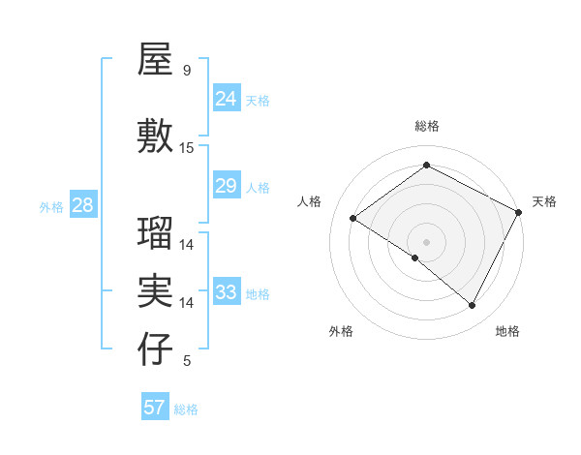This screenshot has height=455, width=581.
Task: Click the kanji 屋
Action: pos(156,61)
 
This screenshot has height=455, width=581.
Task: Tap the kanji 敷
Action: pos(156,137)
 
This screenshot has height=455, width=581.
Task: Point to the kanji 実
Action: pos(156,290)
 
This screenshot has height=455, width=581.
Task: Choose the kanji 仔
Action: pos(156,350)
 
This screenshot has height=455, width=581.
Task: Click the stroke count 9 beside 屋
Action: pos(187,71)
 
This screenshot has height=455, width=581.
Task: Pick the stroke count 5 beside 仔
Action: pos(187,361)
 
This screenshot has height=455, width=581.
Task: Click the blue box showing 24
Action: pos(227,98)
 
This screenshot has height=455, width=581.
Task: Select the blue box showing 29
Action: pos(227,186)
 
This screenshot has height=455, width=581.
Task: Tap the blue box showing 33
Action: pos(227,292)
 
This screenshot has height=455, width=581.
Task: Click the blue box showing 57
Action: pos(155,408)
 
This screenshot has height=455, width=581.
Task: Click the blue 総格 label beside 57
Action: pos(186,409)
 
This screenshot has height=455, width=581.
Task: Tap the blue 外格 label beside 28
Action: pos(51,206)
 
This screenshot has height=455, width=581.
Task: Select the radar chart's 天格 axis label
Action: pos(544,201)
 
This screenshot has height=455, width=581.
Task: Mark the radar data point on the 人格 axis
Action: pos(353,219)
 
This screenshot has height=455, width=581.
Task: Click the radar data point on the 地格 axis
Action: pos(473,305)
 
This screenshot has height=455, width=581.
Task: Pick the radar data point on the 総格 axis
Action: pos(426,166)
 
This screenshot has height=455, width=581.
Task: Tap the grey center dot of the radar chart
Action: pos(426,241)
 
